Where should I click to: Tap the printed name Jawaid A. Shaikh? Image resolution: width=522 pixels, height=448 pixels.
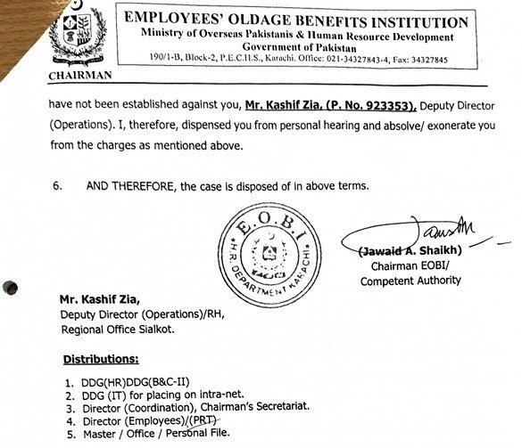click(x=397, y=252)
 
